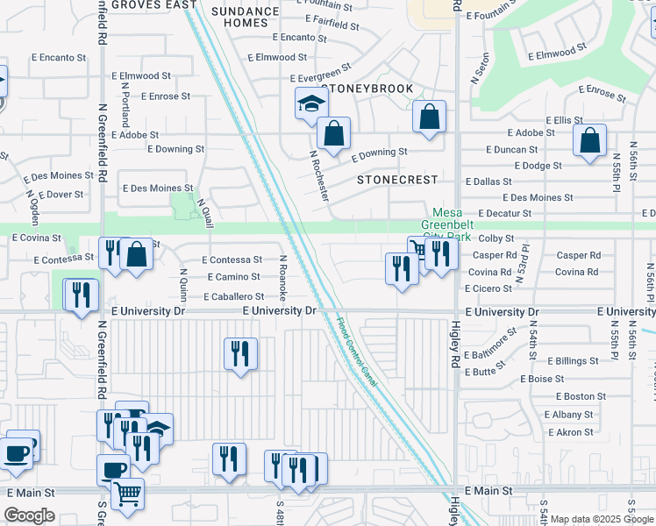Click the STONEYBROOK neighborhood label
click(367, 89)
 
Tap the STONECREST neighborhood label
click(396, 180)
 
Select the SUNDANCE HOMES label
click(244, 16)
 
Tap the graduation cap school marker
click(310, 104)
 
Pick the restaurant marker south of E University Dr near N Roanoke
click(240, 354)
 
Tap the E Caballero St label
click(222, 297)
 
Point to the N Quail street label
click(205, 213)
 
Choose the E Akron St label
click(571, 432)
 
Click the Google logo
click(30, 515)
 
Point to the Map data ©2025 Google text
click(601, 519)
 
